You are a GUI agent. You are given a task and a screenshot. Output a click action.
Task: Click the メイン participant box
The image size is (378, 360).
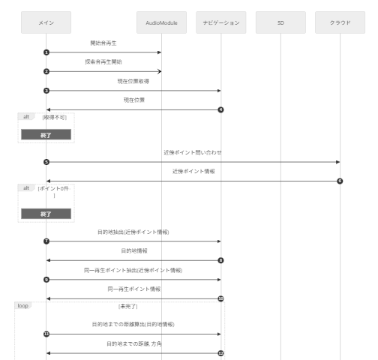[46, 22]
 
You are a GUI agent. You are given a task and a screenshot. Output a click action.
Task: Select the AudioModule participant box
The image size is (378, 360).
[161, 22]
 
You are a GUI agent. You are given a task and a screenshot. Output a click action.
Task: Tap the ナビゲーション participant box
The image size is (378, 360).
[220, 22]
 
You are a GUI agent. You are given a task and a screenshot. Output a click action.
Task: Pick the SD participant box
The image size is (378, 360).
[280, 22]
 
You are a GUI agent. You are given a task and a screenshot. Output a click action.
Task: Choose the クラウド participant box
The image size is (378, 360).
[340, 22]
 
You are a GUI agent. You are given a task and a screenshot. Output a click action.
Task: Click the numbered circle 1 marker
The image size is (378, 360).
[46, 52]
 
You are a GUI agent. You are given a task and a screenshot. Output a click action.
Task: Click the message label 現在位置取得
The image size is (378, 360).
[133, 82]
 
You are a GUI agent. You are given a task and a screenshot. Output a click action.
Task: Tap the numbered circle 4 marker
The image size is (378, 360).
[220, 109]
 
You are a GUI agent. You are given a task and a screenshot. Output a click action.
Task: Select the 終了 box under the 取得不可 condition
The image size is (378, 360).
[46, 134]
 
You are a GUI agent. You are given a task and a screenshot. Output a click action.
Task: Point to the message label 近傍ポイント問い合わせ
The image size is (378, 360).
[193, 152]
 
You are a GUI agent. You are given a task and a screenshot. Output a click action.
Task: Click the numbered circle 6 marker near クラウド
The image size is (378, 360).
[340, 181]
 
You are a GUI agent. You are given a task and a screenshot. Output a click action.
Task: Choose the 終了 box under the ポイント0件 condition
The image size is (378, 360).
[46, 213]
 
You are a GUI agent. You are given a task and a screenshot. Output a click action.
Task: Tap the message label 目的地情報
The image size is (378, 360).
[133, 250]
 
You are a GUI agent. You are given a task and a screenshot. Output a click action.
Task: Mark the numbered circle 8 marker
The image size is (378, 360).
[220, 260]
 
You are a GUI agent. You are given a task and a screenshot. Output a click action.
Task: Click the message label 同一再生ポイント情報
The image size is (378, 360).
[133, 288]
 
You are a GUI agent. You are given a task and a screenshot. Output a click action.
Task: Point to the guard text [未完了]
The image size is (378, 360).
[127, 307]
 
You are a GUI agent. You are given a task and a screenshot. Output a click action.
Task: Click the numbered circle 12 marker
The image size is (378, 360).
[220, 352]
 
